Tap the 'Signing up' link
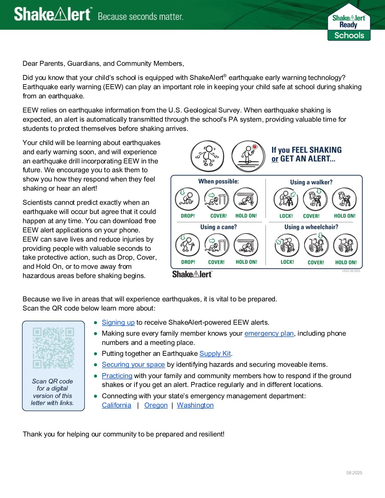pos(118,323)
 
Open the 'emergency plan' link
pos(269,334)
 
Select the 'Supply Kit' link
pos(215,354)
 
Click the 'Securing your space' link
pos(133,365)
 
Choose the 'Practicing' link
pos(117,376)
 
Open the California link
pos(116,405)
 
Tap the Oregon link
pos(156,405)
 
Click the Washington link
pos(195,405)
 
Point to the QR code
pos(53,348)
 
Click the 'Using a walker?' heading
pos(311,182)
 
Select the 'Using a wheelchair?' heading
pos(311,227)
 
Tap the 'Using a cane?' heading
pos(219,227)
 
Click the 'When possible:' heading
pos(219,181)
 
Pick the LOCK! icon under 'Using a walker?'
pos(286,199)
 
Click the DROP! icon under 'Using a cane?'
pos(188,245)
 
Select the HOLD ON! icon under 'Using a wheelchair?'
pos(345,245)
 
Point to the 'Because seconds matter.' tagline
pos(140,17)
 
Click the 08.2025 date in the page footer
pos(354,473)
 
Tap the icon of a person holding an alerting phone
pos(248,156)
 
